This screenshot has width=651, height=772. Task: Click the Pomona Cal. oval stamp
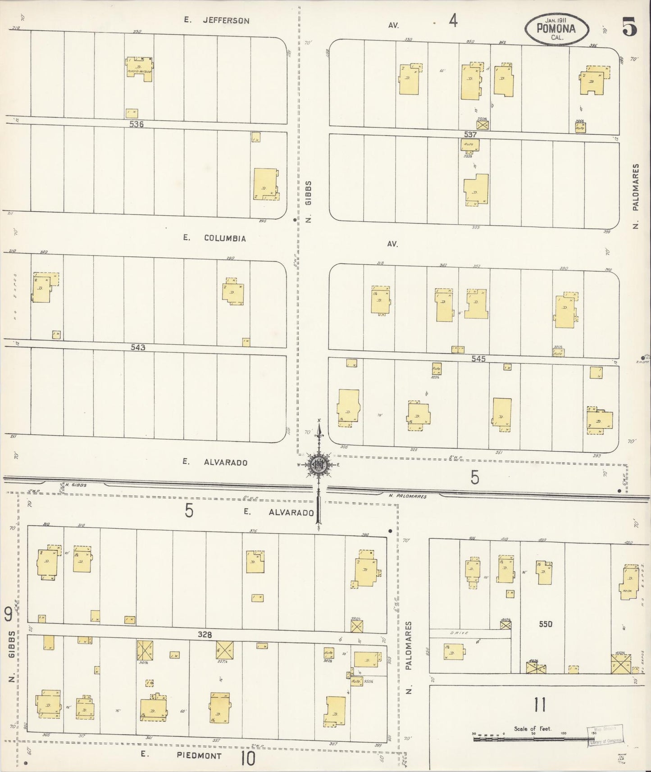point(556,28)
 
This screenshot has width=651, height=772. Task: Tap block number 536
point(136,124)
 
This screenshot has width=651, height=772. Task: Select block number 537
point(469,134)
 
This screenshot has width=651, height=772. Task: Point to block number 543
point(137,347)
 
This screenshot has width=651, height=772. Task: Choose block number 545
point(478,359)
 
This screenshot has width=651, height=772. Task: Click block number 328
point(205,634)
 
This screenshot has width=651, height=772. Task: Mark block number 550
point(546,624)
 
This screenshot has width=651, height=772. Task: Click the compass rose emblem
point(319,465)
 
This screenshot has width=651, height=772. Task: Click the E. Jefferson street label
point(217,20)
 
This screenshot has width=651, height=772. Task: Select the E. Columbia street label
point(215,238)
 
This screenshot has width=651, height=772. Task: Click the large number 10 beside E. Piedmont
point(248,758)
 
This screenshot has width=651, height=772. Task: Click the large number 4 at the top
point(453,20)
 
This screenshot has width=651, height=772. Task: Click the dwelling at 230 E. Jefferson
point(139,68)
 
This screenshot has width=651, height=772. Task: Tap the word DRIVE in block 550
point(459,633)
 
